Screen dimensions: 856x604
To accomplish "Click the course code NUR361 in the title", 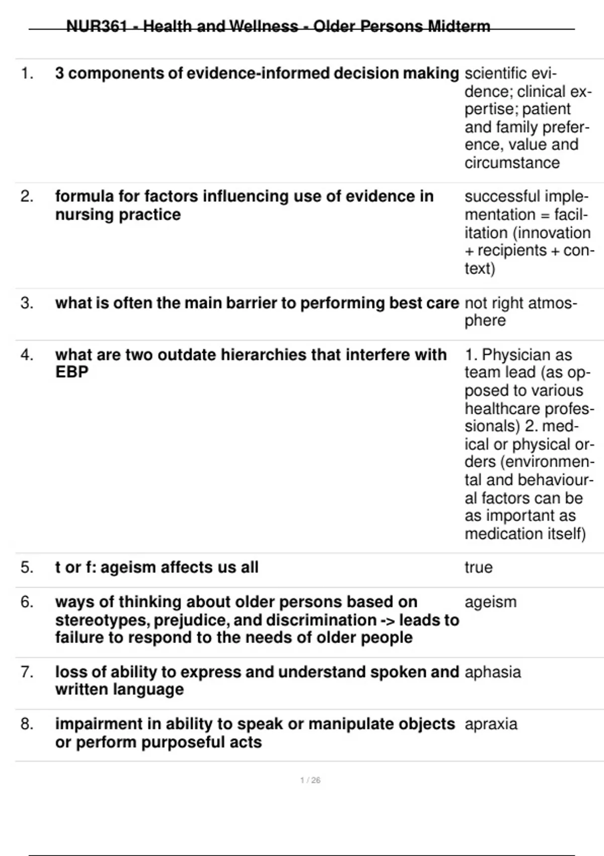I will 97,26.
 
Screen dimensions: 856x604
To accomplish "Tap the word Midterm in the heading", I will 459,26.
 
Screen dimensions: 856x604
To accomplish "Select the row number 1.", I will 27,74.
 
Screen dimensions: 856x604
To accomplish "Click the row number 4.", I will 27,355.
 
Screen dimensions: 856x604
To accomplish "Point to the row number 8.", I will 27,724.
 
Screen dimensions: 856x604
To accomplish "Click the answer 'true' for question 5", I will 478,567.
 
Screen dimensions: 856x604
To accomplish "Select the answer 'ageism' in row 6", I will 490,602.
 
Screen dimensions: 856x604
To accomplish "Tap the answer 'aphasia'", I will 492,672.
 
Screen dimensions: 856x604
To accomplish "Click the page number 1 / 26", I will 310,780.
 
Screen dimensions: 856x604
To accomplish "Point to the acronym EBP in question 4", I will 71,372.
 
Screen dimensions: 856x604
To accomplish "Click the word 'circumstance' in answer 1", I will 512,163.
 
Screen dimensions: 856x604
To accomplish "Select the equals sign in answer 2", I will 545,215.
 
